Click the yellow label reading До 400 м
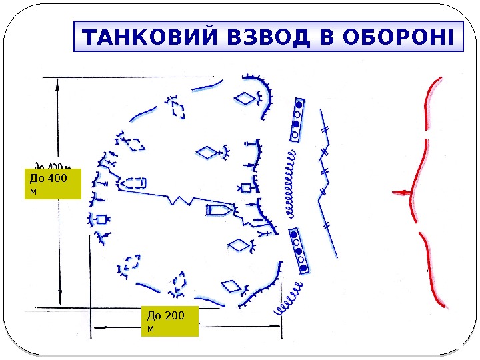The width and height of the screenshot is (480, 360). click(52, 184)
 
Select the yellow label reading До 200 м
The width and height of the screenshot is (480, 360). click(170, 321)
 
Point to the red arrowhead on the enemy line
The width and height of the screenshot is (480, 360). click(399, 193)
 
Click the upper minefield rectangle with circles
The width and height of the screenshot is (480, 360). click(297, 120)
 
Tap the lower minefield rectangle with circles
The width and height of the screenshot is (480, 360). click(299, 249)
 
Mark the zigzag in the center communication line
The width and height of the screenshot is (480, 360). click(180, 200)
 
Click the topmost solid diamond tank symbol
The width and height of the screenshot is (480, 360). click(246, 99)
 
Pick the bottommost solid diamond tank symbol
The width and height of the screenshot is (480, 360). click(230, 287)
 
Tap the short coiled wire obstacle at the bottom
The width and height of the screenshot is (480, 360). click(290, 299)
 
